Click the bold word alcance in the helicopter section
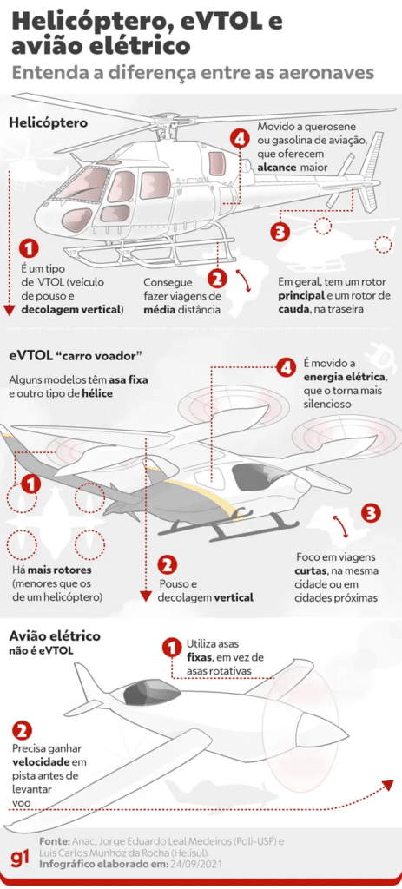[277, 167]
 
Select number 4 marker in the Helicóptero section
[240, 139]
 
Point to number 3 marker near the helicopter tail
[280, 231]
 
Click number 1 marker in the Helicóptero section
[29, 248]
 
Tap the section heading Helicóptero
[49, 122]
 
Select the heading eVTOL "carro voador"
[76, 356]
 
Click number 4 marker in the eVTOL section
[287, 368]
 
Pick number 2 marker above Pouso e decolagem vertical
[168, 563]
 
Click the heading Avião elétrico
[55, 636]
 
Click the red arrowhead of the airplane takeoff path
[388, 784]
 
